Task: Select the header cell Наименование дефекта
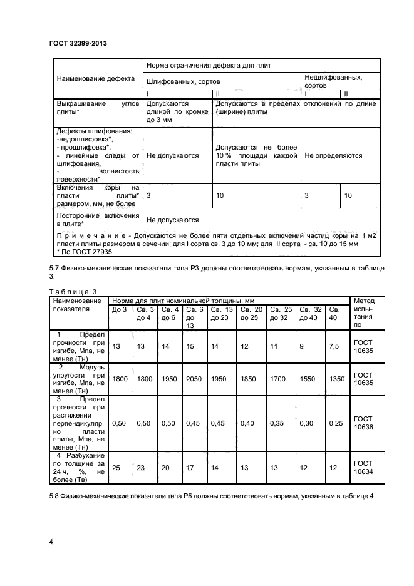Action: click(x=96, y=80)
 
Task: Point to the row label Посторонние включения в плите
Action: click(x=97, y=220)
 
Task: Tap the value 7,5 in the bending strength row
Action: click(x=335, y=346)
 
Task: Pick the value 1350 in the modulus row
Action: click(x=337, y=379)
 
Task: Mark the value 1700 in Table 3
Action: click(x=279, y=379)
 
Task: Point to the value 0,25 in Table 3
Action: click(x=337, y=423)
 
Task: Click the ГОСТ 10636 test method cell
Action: click(x=363, y=423)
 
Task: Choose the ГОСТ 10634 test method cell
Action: click(x=363, y=467)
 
